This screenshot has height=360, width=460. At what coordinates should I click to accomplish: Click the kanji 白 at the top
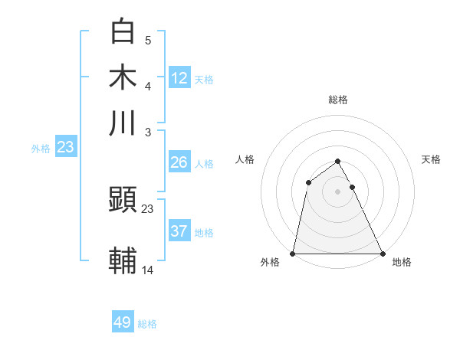tap(123, 32)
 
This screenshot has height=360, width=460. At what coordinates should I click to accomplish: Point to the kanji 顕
tap(123, 201)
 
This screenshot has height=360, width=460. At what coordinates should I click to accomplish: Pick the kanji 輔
tap(123, 260)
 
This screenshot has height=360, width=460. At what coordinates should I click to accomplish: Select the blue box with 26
tap(179, 162)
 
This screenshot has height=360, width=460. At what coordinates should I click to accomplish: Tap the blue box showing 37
tap(179, 231)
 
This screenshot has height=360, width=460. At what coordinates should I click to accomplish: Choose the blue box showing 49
tap(123, 322)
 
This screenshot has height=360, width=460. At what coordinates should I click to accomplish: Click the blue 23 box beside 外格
tap(65, 147)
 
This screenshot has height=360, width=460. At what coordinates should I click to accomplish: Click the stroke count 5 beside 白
tap(148, 41)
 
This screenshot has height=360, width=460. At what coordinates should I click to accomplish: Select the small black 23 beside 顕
tap(148, 208)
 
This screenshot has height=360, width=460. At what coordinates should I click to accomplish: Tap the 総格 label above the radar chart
tap(338, 100)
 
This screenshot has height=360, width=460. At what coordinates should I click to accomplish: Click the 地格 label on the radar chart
tap(402, 262)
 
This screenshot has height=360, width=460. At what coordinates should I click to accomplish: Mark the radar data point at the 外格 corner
tap(293, 254)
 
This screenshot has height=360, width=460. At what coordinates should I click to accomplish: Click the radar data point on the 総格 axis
tap(338, 161)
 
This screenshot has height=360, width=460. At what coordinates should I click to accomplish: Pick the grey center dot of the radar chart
tap(338, 191)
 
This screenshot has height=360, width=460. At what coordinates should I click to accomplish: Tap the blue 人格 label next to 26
tap(204, 164)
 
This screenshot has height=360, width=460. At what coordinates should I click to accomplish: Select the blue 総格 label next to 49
tap(147, 324)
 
